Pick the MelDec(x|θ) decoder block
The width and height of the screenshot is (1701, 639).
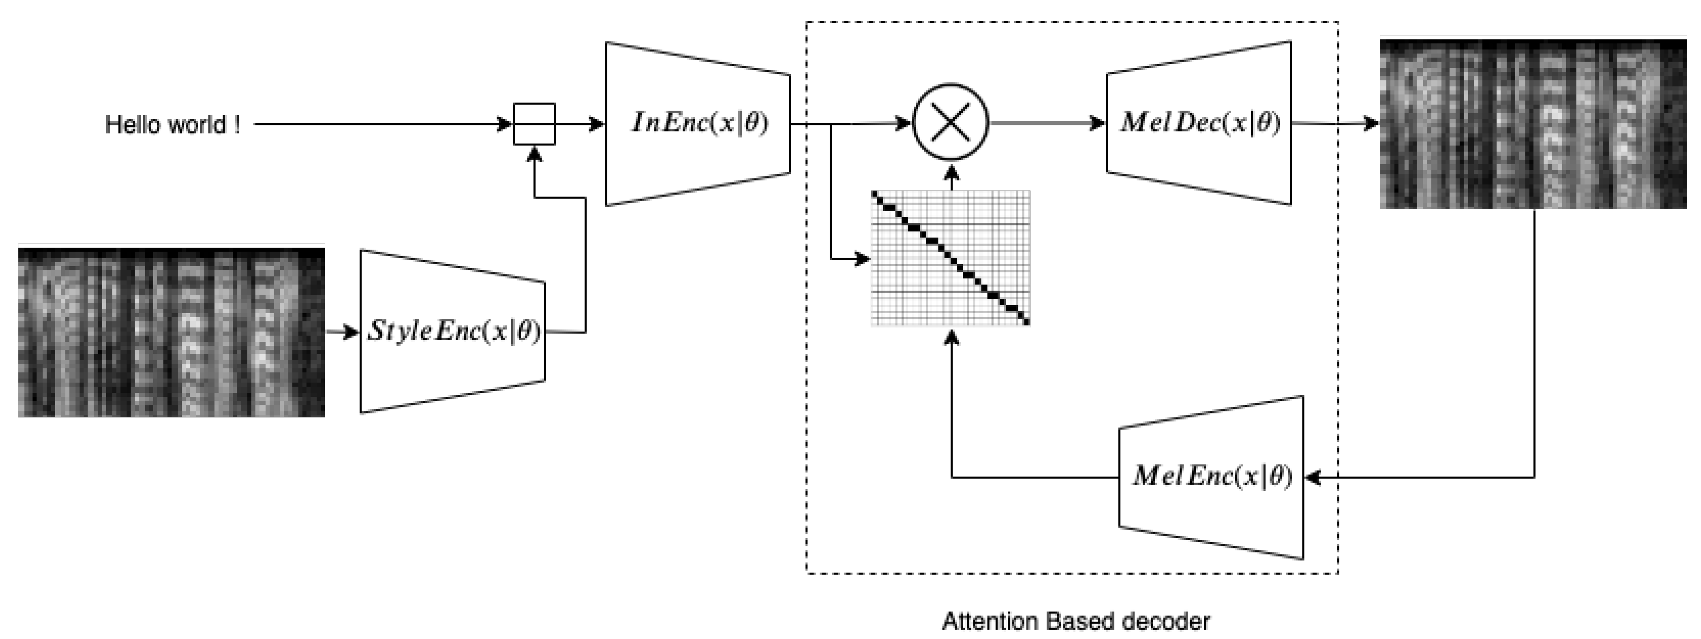1199,123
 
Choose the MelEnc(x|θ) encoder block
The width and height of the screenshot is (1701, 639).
1212,476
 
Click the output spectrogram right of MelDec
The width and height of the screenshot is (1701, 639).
1533,124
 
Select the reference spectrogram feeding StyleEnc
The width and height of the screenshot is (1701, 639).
171,332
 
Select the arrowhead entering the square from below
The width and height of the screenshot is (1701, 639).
534,154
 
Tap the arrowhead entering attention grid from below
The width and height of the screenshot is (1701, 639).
951,337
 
